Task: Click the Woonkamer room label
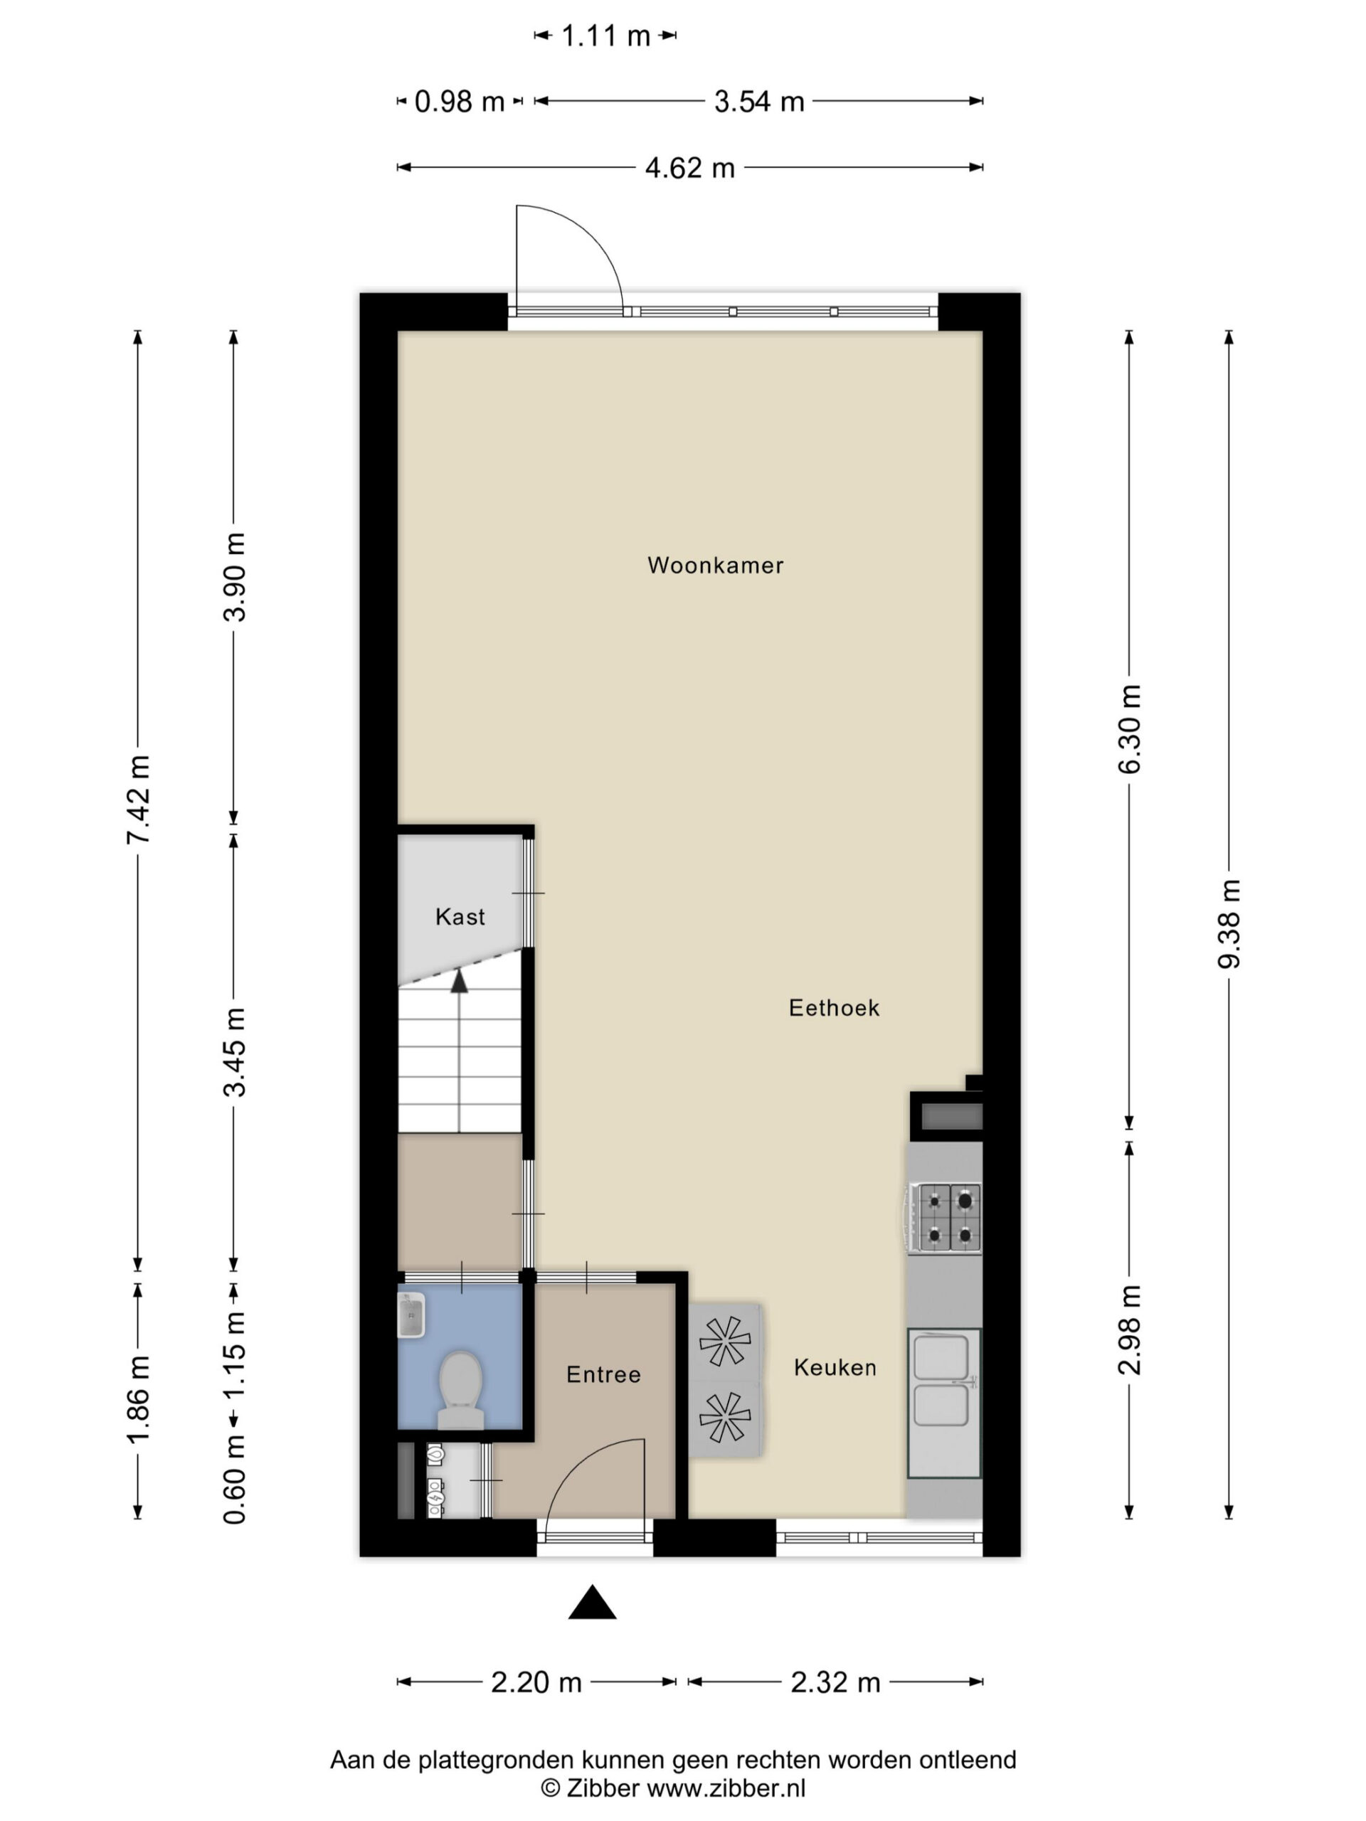pyautogui.click(x=715, y=566)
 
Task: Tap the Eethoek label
pyautogui.click(x=834, y=1008)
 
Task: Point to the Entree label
pyautogui.click(x=603, y=1374)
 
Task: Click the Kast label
pyautogui.click(x=460, y=916)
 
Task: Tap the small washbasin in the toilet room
pyautogui.click(x=411, y=1315)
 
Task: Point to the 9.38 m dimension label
pyautogui.click(x=1229, y=924)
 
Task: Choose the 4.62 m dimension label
pyautogui.click(x=690, y=168)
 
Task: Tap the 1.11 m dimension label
pyautogui.click(x=605, y=36)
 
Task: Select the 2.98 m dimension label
pyautogui.click(x=1130, y=1329)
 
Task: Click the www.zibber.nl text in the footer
pyautogui.click(x=726, y=1788)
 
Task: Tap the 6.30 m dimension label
pyautogui.click(x=1130, y=728)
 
